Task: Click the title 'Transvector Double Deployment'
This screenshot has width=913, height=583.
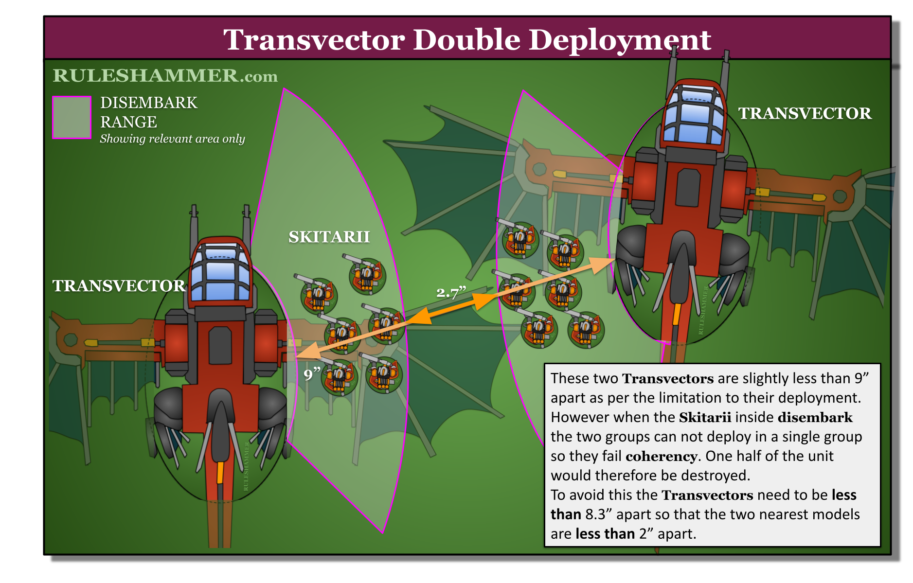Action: point(467,39)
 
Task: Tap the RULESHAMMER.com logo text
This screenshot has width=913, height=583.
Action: point(165,75)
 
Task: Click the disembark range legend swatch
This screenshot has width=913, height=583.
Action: point(72,117)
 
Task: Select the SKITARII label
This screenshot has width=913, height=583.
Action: point(329,237)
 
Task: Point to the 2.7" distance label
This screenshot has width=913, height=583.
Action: point(451,292)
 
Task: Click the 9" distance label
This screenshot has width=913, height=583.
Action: point(312,373)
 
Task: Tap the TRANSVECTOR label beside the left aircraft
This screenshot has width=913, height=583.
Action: point(119,286)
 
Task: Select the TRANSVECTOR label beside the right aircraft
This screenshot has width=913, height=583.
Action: point(805,113)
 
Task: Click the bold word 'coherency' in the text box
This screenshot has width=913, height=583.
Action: point(662,456)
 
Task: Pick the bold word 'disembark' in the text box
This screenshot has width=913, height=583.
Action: point(815,417)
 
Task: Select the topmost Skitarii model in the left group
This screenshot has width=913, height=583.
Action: point(366,275)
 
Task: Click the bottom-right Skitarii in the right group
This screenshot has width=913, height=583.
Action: point(586,329)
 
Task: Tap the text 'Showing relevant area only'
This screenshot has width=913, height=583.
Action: point(172,139)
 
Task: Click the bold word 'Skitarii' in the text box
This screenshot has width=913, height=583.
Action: point(705,417)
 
